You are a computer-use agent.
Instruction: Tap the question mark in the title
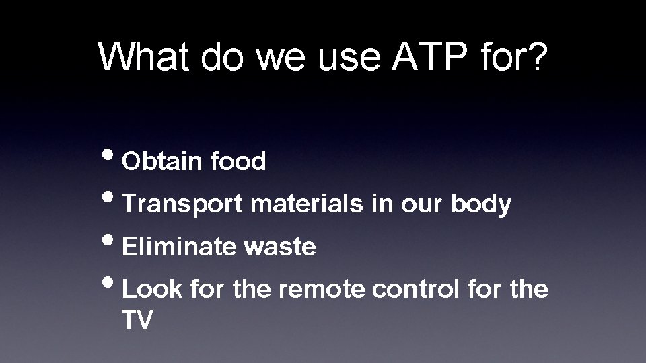[x=536, y=56]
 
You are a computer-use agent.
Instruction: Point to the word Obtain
[x=163, y=161]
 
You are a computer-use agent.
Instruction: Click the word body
[x=481, y=204]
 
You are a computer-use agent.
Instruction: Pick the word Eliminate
[x=179, y=247]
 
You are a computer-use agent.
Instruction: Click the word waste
[x=280, y=247]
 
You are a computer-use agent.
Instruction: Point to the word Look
[x=153, y=290]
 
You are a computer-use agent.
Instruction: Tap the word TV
[x=138, y=320]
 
